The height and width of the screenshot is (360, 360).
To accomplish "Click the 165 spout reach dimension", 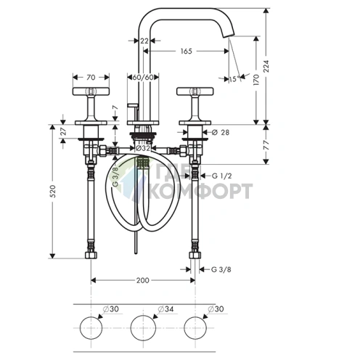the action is pos(186,51).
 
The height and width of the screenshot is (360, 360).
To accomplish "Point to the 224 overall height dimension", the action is pos(266,66).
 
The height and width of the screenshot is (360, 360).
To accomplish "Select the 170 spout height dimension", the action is pos(256,80).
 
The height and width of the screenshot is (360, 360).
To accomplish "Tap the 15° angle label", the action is pos(234,79).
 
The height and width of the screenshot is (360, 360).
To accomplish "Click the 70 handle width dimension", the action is pos(91,78).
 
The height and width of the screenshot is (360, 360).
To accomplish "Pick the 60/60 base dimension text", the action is pos(143,78).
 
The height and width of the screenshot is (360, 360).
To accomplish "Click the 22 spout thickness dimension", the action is pos(144,41).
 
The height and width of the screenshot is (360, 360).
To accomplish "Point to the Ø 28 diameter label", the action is pos(221,132).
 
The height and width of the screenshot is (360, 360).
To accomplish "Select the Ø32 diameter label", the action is pos(143,148).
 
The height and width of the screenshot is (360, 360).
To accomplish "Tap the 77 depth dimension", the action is pos(266,145).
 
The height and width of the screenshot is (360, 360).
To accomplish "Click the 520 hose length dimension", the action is pos(53,191).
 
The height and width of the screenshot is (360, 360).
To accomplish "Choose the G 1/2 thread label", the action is pos(221,176).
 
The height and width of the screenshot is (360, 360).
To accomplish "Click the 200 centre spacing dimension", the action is pos(143,280).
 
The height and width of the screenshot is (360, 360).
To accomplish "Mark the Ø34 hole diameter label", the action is pos(165,309).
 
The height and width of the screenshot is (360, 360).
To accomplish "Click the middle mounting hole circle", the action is pos(143,328).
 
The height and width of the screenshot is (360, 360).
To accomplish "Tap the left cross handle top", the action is pos(91,91).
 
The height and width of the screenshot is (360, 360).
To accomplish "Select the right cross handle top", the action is pos(195,91).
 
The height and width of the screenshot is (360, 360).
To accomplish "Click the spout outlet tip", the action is pos(229,36).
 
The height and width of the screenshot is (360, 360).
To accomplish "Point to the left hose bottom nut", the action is pos(91,255).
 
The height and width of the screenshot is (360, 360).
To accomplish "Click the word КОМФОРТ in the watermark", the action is pos(200,191).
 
